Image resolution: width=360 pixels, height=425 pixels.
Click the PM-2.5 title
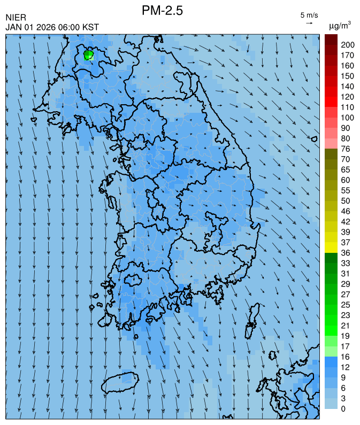coord(162,10)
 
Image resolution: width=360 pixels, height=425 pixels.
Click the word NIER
coord(16,18)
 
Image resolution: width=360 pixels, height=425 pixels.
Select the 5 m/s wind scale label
coord(309,14)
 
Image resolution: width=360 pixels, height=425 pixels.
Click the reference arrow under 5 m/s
coord(309,23)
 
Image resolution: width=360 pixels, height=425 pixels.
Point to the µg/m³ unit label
coord(340,25)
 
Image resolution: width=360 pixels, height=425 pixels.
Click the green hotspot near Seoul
coord(89,55)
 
